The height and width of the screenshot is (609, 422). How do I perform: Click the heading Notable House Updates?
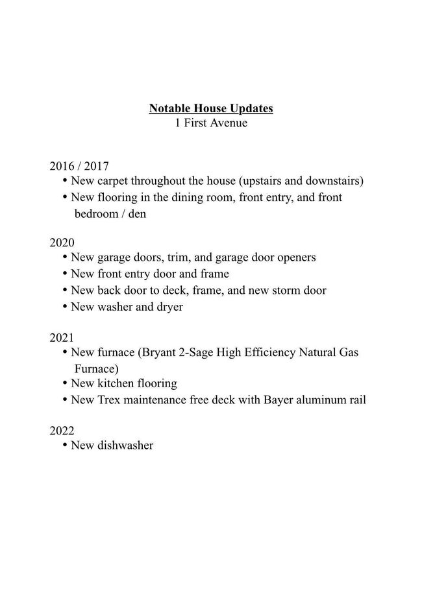(211, 108)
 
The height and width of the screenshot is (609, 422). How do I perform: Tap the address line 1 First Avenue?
(211, 123)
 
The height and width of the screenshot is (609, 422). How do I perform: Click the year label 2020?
(62, 243)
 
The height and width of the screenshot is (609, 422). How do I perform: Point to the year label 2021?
(62, 338)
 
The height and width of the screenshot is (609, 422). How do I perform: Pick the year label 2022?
(62, 431)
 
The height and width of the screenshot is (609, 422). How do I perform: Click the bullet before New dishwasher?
(65, 445)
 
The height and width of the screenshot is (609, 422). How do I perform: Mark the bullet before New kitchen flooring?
(65, 383)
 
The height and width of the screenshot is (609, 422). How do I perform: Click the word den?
(137, 213)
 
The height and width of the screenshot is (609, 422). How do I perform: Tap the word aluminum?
(322, 400)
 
